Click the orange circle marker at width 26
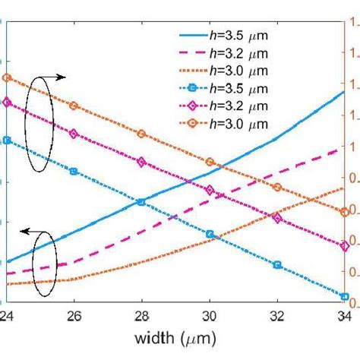pos(74,106)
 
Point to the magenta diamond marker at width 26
pos(74,134)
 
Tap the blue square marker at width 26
pos(74,172)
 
